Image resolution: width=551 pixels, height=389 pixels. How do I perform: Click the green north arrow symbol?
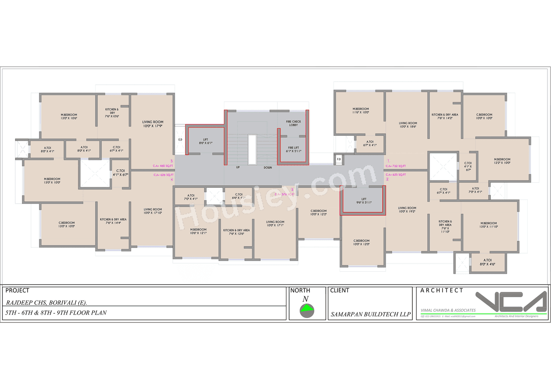(307, 308)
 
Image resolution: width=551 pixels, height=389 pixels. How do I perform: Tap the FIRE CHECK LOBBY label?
(293, 123)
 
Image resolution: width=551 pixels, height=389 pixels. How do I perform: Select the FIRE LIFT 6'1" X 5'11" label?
(294, 149)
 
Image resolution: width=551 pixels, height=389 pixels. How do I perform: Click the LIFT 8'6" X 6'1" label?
(205, 141)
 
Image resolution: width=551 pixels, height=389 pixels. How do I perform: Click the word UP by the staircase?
(238, 167)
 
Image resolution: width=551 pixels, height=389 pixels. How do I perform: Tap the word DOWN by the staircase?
(267, 167)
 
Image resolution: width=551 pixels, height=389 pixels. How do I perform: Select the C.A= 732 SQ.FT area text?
(396, 166)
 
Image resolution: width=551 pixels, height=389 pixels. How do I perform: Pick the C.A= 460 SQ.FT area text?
(163, 166)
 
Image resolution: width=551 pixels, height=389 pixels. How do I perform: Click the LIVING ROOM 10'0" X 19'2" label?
(407, 210)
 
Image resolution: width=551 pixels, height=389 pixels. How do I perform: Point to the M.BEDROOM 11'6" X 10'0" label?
(360, 110)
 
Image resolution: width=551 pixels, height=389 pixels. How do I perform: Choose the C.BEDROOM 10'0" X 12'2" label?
(319, 212)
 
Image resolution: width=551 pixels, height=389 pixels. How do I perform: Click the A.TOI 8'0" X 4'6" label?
(488, 262)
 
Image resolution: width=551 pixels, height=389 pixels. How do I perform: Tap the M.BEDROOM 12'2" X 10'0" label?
(502, 161)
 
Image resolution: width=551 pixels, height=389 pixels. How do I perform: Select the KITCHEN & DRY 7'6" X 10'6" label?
(112, 113)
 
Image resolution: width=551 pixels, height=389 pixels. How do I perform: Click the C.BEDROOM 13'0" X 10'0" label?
(67, 224)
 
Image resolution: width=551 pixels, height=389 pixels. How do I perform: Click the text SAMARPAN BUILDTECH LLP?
(370, 314)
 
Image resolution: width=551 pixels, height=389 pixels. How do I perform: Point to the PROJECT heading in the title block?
(17, 291)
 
